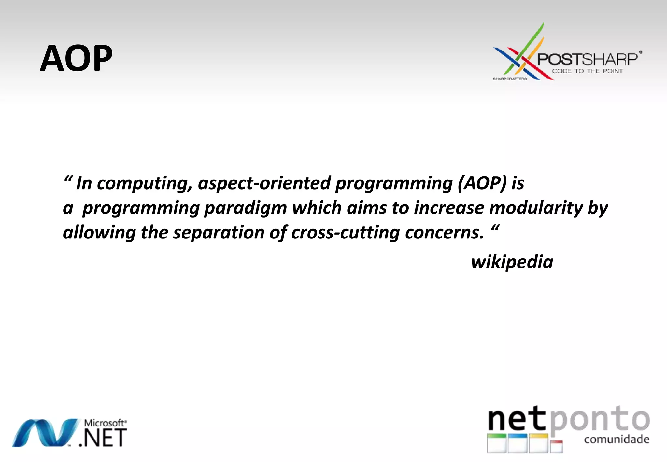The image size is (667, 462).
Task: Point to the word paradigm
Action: (x=245, y=208)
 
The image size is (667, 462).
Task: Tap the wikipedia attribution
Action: (x=512, y=262)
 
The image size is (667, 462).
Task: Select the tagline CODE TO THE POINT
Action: (x=587, y=71)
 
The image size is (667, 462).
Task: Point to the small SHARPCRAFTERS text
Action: (x=510, y=79)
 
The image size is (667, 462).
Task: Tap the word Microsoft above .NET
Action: (x=105, y=423)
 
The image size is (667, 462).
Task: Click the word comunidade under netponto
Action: (x=617, y=439)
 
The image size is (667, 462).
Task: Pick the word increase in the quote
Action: (x=449, y=208)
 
